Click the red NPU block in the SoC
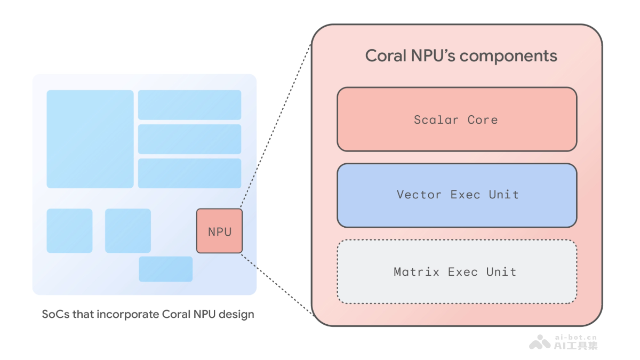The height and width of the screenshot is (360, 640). click(219, 231)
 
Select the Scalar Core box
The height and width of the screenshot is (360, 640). click(457, 119)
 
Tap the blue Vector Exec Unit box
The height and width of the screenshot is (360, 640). click(457, 195)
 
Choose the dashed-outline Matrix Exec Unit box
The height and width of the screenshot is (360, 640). click(457, 272)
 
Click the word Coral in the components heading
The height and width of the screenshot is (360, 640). click(383, 56)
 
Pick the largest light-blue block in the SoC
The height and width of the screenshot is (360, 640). click(90, 139)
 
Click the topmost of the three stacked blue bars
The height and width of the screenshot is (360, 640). click(189, 105)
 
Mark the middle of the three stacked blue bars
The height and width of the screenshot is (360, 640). click(189, 139)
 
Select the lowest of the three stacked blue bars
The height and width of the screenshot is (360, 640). click(189, 173)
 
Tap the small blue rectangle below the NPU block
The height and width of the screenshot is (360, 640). click(165, 269)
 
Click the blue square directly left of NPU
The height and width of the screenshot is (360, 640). click(128, 231)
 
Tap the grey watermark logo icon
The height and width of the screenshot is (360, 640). click(540, 342)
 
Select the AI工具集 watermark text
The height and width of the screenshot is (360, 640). click(575, 346)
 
